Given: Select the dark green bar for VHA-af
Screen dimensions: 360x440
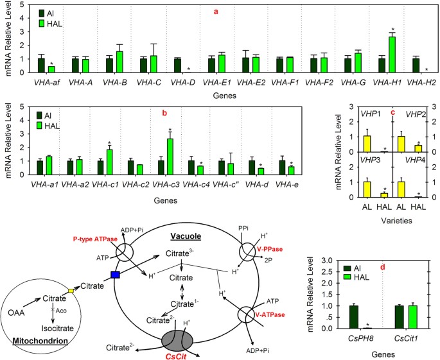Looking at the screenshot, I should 41,65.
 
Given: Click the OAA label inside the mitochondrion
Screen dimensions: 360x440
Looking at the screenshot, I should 17,313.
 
